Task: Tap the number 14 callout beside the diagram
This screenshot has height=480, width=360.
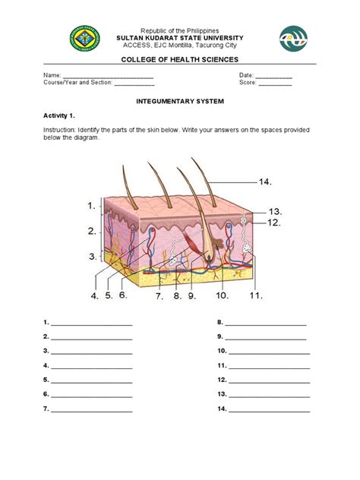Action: [x=264, y=182]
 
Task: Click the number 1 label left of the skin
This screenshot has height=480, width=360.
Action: [x=92, y=205]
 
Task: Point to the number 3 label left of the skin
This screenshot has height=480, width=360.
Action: [x=92, y=256]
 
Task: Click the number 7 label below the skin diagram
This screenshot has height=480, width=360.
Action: [x=159, y=296]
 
